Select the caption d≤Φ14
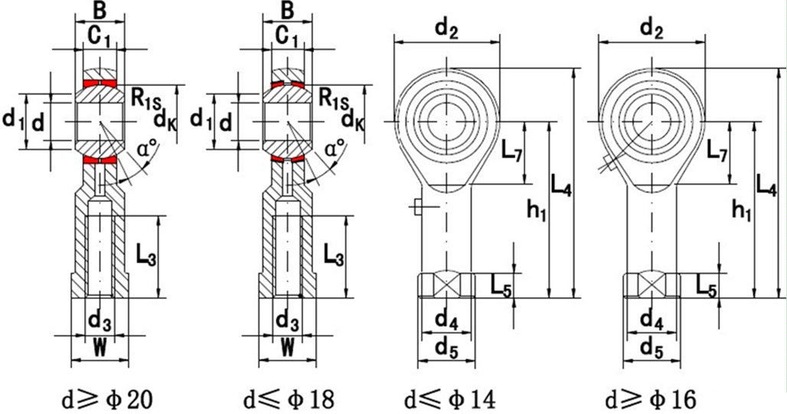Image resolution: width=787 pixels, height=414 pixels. tap(449, 399)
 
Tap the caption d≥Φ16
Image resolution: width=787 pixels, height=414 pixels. tap(651, 399)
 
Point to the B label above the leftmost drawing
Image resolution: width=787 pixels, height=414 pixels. tap(99, 11)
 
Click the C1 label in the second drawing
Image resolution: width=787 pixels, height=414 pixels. tap(286, 35)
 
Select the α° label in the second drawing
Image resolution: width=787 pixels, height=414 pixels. tap(335, 147)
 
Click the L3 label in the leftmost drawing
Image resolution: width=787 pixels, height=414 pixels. tap(146, 255)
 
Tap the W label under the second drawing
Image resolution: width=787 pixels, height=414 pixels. tap(287, 347)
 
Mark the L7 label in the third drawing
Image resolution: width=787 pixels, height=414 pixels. tap(512, 153)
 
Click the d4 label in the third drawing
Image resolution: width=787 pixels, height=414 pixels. tap(446, 319)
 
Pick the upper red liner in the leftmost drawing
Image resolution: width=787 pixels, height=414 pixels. tap(100, 82)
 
